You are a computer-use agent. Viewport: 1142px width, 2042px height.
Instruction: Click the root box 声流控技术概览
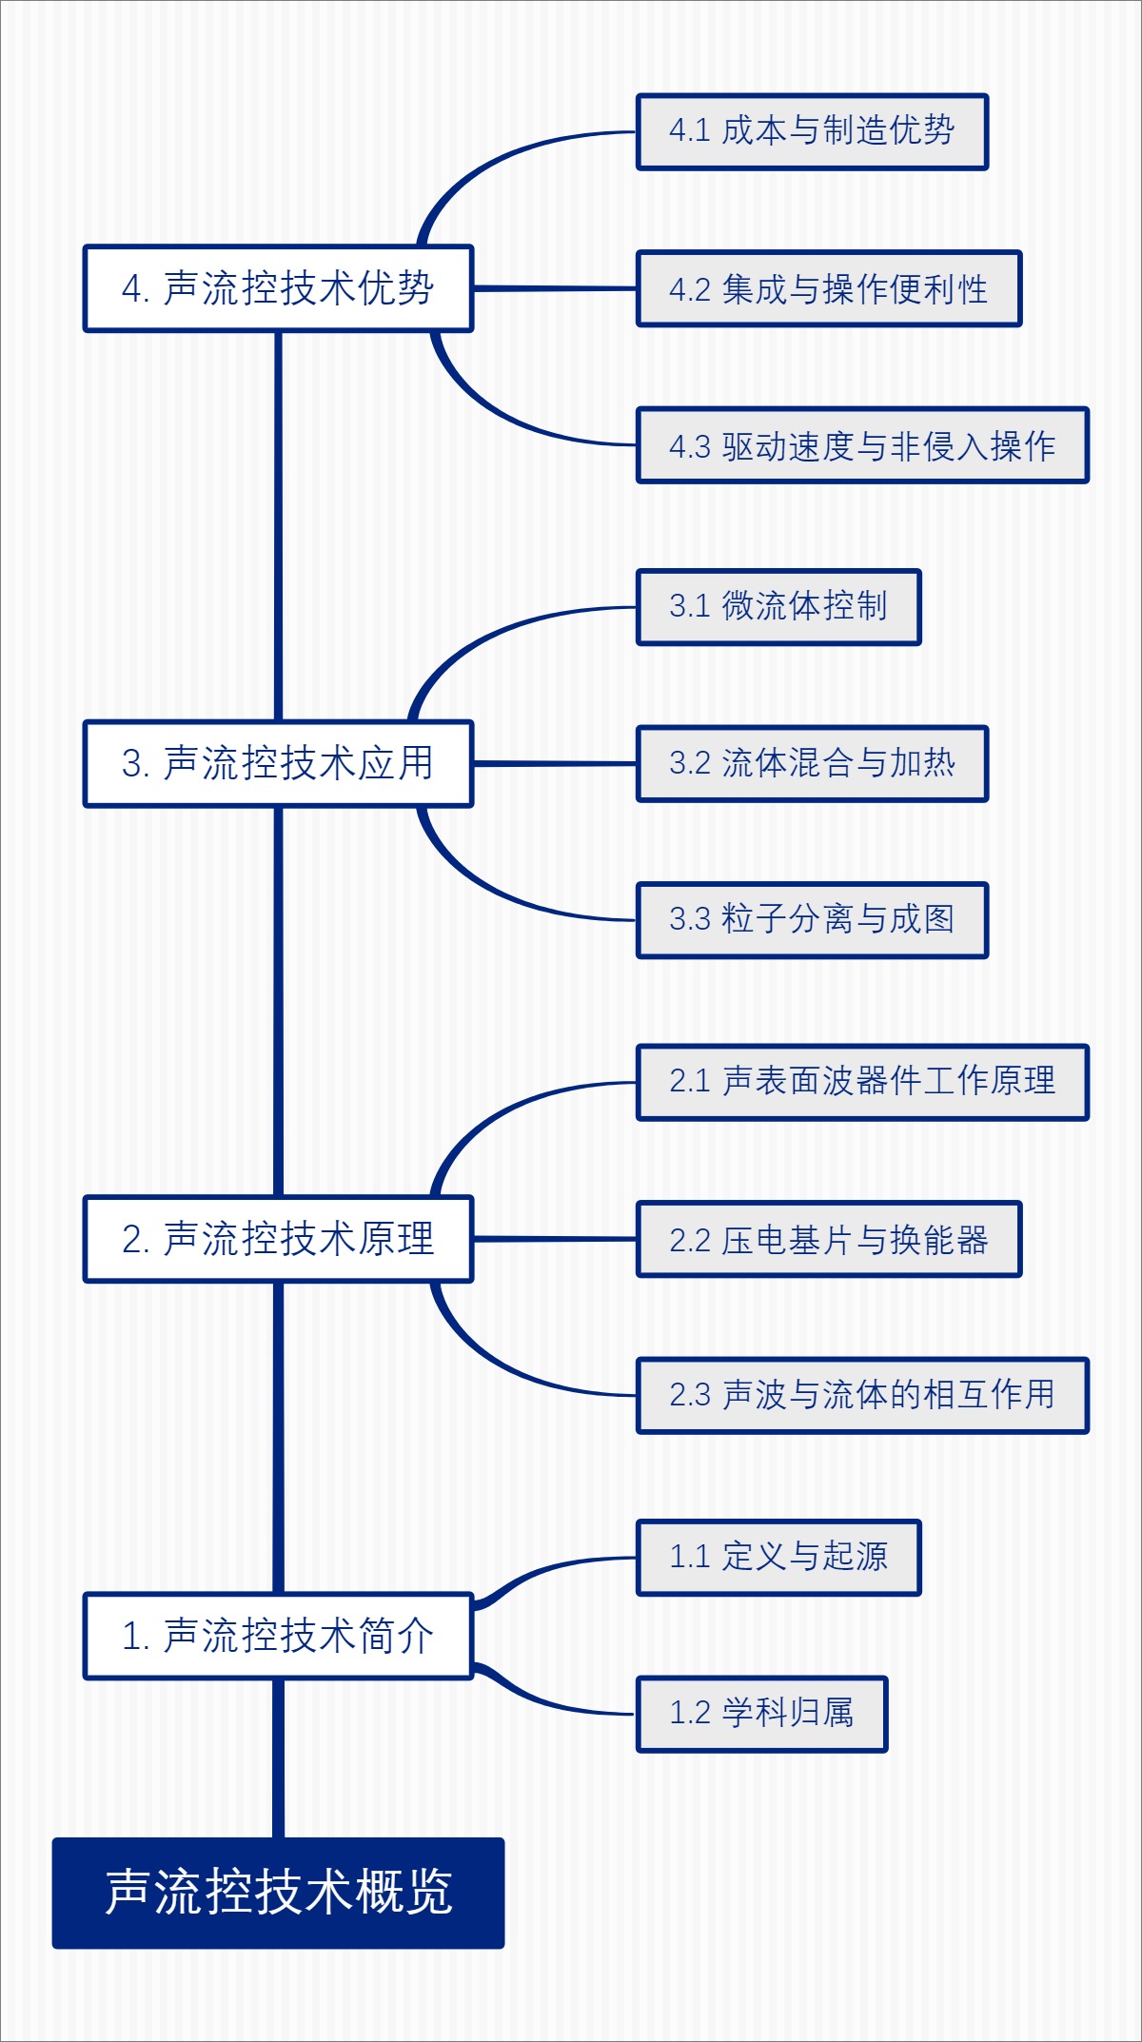278,1892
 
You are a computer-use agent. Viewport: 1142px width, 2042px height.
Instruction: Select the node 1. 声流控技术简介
278,1636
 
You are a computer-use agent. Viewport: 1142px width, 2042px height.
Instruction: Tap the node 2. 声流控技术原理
278,1239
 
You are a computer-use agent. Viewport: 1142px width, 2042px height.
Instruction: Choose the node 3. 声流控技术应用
278,763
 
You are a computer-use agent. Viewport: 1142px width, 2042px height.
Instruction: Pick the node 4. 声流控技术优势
278,288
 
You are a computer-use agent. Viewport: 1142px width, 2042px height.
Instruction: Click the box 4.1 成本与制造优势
812,131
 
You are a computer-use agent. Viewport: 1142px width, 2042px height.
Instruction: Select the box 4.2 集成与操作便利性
828,288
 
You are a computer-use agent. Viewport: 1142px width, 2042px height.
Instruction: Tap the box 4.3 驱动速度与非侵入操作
861,445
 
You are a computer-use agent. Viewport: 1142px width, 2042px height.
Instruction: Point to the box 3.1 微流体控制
778,606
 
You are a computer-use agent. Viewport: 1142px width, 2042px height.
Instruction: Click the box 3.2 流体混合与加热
812,763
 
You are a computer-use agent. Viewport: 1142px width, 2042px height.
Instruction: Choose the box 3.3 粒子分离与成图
812,919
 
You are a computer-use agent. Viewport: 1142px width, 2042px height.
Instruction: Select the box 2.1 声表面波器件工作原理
861,1082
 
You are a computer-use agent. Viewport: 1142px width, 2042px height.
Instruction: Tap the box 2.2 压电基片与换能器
828,1239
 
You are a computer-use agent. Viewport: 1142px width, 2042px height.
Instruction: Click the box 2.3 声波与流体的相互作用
861,1395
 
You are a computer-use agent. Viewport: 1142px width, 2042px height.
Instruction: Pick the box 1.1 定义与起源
778,1557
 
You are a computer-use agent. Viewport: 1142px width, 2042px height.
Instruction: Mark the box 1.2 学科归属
761,1714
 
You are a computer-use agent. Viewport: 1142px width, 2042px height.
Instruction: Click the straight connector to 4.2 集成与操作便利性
554,288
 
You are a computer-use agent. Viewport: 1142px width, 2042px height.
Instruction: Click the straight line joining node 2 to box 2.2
554,1239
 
